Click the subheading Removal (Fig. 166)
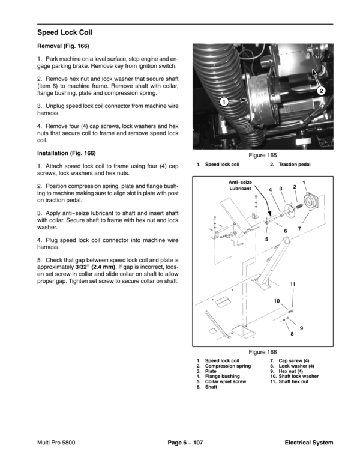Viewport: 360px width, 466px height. [64, 46]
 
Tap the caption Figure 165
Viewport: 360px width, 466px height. [262, 155]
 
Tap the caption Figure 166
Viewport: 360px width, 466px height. [262, 352]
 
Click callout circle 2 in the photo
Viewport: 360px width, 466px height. [322, 91]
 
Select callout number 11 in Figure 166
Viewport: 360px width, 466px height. [292, 283]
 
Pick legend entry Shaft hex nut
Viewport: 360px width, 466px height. [292, 381]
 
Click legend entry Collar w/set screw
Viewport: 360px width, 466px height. [226, 381]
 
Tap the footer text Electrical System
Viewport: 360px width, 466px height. [309, 443]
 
